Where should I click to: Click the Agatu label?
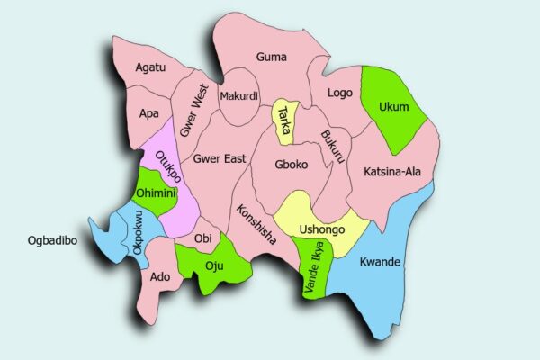(x=149, y=67)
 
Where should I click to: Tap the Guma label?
(x=271, y=58)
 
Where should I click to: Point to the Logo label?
(x=340, y=93)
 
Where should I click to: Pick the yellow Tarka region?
(x=285, y=122)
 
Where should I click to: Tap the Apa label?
(x=149, y=114)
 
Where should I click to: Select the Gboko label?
(x=292, y=166)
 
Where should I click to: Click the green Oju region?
(x=214, y=263)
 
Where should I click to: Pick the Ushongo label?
(x=322, y=229)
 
